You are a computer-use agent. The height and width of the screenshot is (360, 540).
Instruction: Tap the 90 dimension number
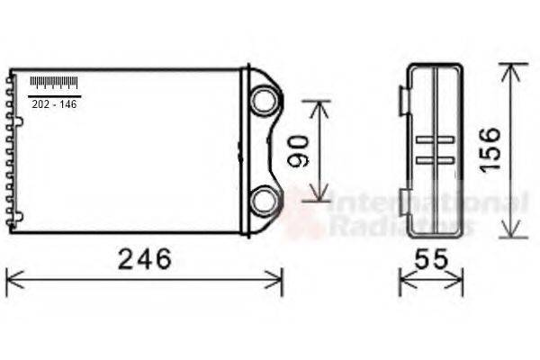pos(300,150)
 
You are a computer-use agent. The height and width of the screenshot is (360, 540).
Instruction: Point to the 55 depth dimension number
pos(430,259)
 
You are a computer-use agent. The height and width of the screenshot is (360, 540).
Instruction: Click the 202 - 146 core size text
pos(54,104)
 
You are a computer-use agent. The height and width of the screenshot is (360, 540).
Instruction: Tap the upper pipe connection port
pos(263,100)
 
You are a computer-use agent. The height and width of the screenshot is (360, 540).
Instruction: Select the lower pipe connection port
pos(263,201)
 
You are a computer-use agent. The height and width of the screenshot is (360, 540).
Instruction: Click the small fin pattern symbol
pos(54,83)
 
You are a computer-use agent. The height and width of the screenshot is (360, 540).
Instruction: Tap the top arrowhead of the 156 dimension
pos(512,68)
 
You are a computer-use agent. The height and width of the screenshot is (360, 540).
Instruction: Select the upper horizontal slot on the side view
pos(436,139)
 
